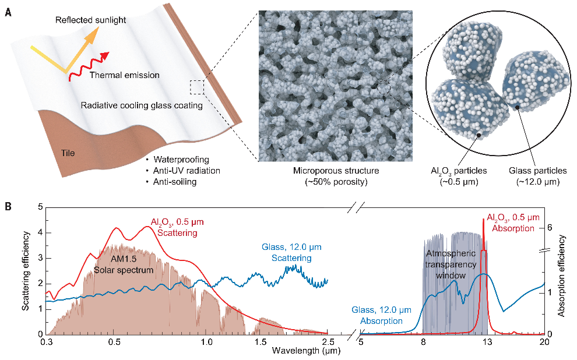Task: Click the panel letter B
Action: pos(7,206)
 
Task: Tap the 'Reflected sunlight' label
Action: pos(90,20)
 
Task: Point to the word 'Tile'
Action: pos(68,154)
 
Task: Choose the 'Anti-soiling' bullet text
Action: pos(175,182)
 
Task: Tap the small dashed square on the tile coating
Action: pos(197,87)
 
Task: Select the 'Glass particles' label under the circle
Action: pos(537,171)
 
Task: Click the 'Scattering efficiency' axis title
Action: pos(26,270)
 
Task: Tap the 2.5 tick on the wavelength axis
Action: pos(328,341)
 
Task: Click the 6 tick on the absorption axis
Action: pos(549,228)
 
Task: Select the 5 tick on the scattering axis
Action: pos(40,207)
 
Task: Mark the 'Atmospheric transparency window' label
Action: pos(451,264)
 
